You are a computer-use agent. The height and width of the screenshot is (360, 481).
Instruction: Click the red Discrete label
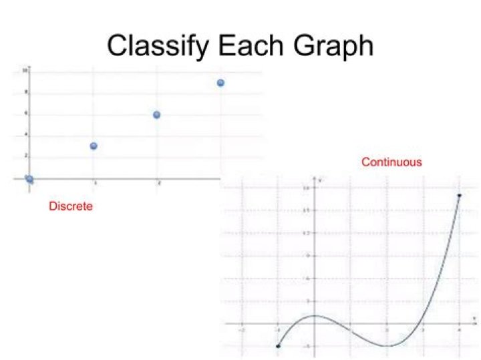[x=71, y=206]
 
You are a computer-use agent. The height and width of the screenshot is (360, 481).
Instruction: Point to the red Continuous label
[x=391, y=162]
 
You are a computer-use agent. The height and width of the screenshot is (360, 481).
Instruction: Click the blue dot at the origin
[x=29, y=178]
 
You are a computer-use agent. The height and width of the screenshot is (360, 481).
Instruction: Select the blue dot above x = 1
[x=94, y=146]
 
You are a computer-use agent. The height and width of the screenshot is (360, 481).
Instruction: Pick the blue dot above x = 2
[x=157, y=114]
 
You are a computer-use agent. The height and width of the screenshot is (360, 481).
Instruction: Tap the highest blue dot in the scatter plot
[x=220, y=83]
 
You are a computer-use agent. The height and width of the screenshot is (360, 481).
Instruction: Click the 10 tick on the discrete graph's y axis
[x=25, y=69]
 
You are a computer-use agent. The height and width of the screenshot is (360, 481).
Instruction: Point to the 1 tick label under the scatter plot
[x=95, y=183]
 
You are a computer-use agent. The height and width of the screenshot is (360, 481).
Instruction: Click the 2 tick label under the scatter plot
[x=158, y=183]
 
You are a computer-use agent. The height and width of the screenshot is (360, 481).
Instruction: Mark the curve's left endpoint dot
[x=278, y=346]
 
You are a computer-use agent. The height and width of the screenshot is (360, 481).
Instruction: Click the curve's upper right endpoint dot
[x=460, y=195]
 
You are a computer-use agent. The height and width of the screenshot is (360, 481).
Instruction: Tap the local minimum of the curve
[x=387, y=345]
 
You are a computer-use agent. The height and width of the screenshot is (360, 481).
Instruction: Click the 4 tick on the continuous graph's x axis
[x=460, y=330]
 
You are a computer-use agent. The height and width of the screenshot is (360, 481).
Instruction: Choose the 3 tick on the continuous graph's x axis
[x=424, y=330]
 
